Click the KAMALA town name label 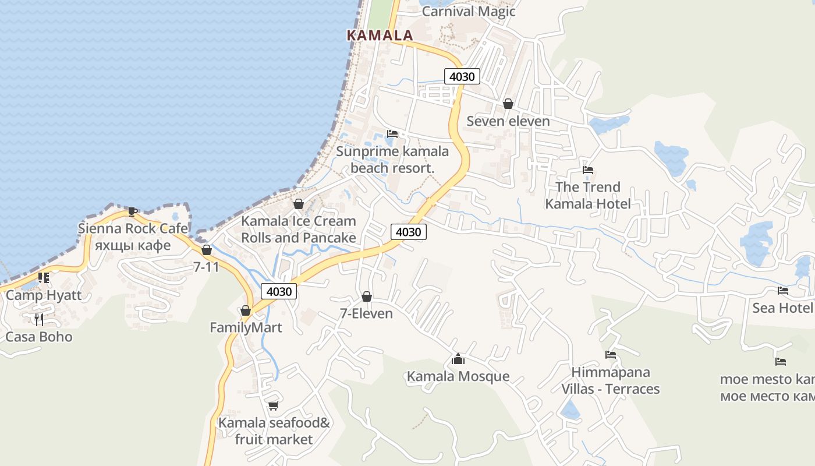tap(380, 35)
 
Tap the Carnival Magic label tap(469, 11)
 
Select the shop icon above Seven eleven tap(508, 104)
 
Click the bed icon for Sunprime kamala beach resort tap(392, 134)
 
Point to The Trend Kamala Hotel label tap(588, 195)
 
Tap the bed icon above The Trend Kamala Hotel tap(588, 170)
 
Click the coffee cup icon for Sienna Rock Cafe tap(133, 211)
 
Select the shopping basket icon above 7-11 tap(207, 250)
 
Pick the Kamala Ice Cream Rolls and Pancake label tap(299, 230)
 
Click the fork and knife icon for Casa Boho tap(39, 319)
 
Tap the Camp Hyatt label tap(44, 295)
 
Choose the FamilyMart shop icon tap(246, 310)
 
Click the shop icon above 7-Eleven tap(367, 296)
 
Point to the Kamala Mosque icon tap(458, 359)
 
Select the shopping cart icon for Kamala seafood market tap(273, 405)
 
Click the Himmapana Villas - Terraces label tap(611, 380)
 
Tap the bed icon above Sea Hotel tap(783, 291)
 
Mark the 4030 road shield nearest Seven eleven tap(462, 76)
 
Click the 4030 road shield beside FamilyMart tap(279, 291)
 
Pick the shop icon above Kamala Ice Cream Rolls tap(299, 204)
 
